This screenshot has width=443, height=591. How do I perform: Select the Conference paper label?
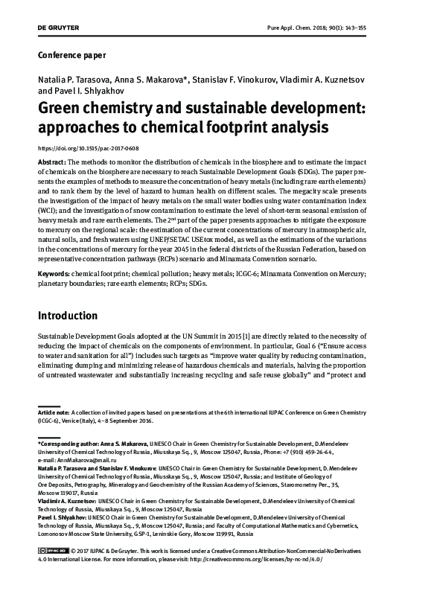click(71, 55)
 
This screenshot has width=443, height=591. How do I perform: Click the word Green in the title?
click(67, 109)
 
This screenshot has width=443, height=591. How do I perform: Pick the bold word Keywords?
click(54, 275)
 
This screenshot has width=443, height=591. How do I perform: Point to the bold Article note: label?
click(54, 412)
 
